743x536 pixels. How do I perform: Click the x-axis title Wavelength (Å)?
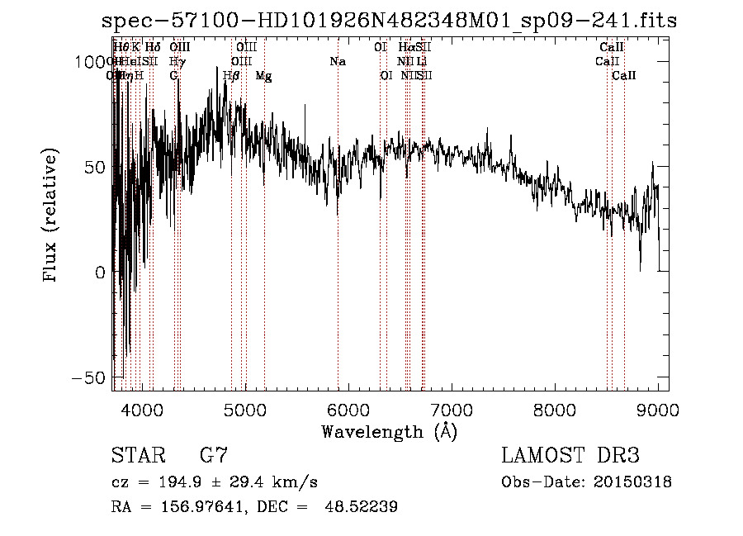tap(389, 431)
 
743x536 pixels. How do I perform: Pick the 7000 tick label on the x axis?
tap(452, 409)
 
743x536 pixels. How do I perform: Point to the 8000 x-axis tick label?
tap(555, 409)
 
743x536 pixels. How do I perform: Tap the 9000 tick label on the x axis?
tap(658, 409)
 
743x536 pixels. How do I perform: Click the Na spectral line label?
tap(337, 62)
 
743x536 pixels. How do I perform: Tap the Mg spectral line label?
tap(264, 76)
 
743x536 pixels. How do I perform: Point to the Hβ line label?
tap(232, 76)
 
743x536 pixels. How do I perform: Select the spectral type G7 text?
tap(213, 456)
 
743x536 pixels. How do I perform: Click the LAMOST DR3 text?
tap(570, 456)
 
